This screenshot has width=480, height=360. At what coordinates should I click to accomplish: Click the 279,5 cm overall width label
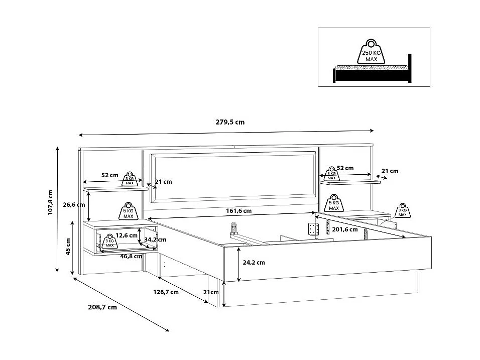(x=230, y=123)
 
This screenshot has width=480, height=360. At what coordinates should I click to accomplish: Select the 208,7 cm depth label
(x=102, y=307)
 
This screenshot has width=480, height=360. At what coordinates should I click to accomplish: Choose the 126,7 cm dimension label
(x=166, y=292)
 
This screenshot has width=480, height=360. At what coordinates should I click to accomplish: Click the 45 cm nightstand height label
(x=68, y=247)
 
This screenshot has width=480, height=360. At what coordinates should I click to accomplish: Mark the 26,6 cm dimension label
(x=73, y=204)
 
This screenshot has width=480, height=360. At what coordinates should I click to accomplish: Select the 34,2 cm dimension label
(x=155, y=239)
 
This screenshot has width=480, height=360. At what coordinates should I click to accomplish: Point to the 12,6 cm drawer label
(x=127, y=235)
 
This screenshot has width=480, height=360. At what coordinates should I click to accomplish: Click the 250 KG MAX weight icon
(x=371, y=52)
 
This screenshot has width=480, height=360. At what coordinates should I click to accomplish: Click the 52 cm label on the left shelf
(x=109, y=175)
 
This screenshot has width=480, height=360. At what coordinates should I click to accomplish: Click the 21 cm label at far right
(x=390, y=171)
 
